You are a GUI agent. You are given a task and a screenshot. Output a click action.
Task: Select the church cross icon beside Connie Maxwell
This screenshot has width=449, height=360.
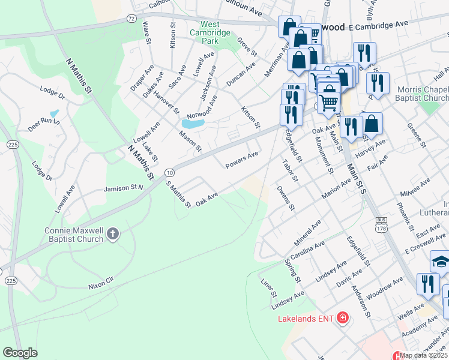pos(113,233)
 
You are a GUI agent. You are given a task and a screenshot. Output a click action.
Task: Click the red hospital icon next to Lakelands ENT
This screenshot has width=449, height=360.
pos(342,317)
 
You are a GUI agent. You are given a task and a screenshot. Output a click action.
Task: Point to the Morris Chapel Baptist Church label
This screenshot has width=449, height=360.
pos(423,94)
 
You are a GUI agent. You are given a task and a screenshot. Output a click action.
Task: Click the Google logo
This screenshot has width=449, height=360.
pos(20,353)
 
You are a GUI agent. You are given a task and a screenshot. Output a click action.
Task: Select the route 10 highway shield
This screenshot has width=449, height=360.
pos(170,173)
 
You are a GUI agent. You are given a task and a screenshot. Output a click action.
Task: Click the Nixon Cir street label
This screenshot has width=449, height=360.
pos(101,280)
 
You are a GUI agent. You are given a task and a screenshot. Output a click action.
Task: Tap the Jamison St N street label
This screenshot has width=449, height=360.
pos(124,188)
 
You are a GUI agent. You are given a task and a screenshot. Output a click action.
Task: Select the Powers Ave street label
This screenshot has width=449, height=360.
pos(241,159)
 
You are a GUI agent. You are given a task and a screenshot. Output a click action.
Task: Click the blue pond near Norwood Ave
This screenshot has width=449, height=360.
pos(193,124)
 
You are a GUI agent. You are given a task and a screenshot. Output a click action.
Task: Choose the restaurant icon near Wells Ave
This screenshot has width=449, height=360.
pos(427,283)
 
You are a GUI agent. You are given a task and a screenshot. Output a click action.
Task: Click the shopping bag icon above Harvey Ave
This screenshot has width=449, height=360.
pos(372,124)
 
